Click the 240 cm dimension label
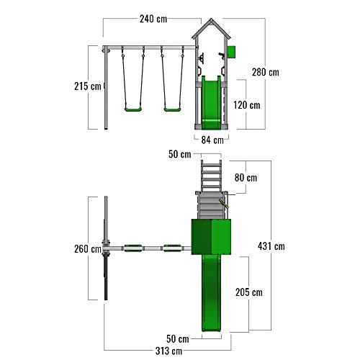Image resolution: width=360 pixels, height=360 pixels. (153, 19)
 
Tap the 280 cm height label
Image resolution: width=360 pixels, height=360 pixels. (266, 72)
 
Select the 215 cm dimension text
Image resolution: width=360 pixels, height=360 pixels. (88, 86)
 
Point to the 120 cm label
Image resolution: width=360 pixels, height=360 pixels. (247, 105)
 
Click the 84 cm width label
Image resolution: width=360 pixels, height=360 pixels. (212, 140)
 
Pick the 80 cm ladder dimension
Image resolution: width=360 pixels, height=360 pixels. (246, 178)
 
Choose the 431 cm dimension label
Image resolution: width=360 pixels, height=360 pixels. (271, 246)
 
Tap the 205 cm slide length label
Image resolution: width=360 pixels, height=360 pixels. (249, 292)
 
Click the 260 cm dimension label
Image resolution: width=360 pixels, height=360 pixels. (88, 249)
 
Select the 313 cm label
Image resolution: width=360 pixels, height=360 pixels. (168, 351)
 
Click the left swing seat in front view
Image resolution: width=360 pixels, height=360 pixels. (133, 109)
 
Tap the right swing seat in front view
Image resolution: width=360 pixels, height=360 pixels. (172, 109)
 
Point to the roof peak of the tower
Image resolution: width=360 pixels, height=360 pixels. (211, 19)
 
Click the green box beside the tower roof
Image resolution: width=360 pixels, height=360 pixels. (231, 52)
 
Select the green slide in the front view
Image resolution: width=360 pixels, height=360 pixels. (211, 103)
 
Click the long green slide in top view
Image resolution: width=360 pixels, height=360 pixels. (211, 293)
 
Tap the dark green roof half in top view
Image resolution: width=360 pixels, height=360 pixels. (202, 237)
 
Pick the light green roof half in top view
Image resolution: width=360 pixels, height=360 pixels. (221, 237)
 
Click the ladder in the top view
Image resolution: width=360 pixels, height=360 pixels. (211, 176)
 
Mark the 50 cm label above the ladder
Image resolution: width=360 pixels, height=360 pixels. (180, 154)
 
